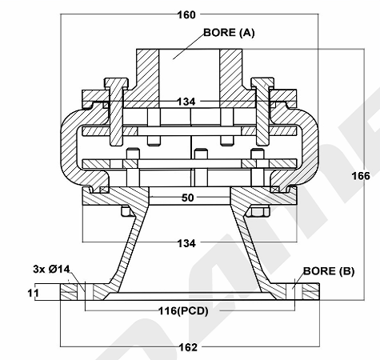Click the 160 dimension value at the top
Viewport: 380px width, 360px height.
(186, 15)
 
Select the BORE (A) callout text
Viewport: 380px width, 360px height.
(229, 33)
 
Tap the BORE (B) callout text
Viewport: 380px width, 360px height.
(329, 271)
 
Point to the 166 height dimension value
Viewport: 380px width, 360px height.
(361, 176)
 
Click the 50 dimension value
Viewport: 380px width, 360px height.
(188, 198)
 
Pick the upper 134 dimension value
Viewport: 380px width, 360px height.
(186, 102)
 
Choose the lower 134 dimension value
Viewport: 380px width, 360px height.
(186, 243)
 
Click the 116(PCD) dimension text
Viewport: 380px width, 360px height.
(183, 311)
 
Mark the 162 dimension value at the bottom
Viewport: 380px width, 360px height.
(188, 347)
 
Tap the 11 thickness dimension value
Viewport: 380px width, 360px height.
(34, 294)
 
